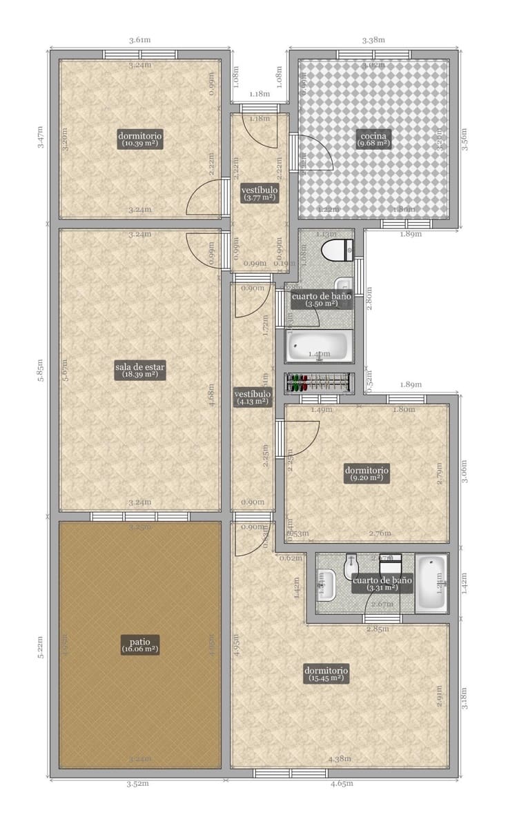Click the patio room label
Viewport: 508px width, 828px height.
pos(140,644)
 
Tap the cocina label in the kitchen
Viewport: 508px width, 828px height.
pos(374,139)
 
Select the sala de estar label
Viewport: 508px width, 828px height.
pos(140,371)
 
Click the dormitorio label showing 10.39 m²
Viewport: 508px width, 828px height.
pos(140,139)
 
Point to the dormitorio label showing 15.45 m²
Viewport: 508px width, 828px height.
pos(326,674)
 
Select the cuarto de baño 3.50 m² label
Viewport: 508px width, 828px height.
pos(322,299)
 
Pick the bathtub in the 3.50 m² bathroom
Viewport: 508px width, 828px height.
pos(319,347)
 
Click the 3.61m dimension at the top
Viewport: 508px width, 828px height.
pos(139,40)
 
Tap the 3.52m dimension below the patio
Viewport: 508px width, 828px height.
pos(139,784)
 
